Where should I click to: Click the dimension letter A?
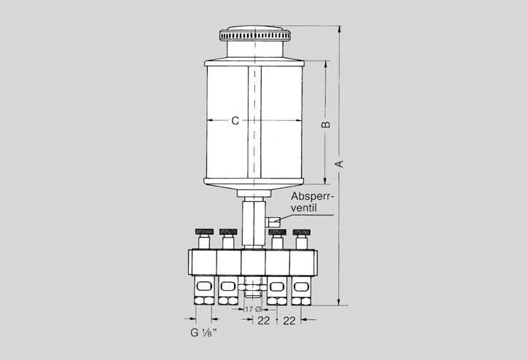(x=340, y=164)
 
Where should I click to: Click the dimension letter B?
(x=326, y=125)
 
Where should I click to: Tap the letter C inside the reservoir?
(x=235, y=121)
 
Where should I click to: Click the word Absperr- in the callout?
(x=311, y=196)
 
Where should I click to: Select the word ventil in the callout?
(x=304, y=208)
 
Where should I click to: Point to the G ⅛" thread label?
(x=203, y=332)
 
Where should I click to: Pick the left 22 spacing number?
(x=264, y=321)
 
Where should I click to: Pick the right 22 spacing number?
(x=289, y=321)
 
